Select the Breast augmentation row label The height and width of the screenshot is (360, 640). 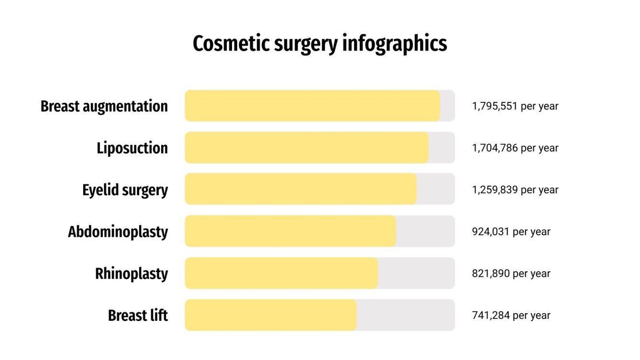click(x=104, y=106)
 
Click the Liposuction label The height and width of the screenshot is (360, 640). click(x=132, y=148)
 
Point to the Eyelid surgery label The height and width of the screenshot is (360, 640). click(x=125, y=190)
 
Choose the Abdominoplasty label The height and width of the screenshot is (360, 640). click(x=118, y=232)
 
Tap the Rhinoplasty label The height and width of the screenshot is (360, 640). click(x=132, y=274)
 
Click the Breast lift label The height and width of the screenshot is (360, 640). click(x=138, y=316)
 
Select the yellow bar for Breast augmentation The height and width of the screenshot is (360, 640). click(x=312, y=106)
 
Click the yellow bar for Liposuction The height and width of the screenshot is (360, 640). click(x=306, y=148)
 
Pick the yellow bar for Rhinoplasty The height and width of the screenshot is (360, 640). click(x=281, y=273)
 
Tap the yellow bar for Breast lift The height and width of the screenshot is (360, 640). click(x=270, y=315)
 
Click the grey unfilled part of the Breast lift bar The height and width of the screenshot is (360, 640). click(x=406, y=315)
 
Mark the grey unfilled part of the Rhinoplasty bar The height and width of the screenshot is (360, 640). click(x=416, y=273)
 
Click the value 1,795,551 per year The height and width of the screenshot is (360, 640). click(x=515, y=106)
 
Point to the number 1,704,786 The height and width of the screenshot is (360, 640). click(x=495, y=148)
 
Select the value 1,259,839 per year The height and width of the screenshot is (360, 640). click(x=515, y=190)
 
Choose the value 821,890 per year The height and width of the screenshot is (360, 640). click(x=511, y=274)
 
